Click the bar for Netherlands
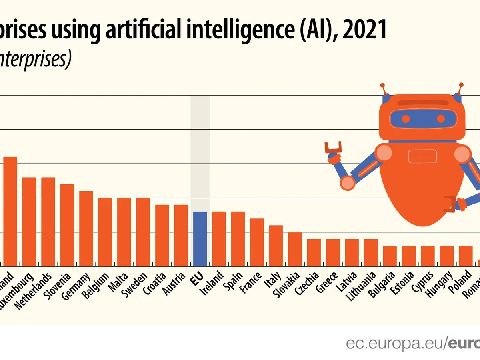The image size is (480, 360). pos(48,222)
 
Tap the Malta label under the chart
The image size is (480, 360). pos(120,282)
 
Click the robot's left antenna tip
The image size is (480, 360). pos(383,85)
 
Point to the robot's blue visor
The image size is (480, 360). pos(423,118)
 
